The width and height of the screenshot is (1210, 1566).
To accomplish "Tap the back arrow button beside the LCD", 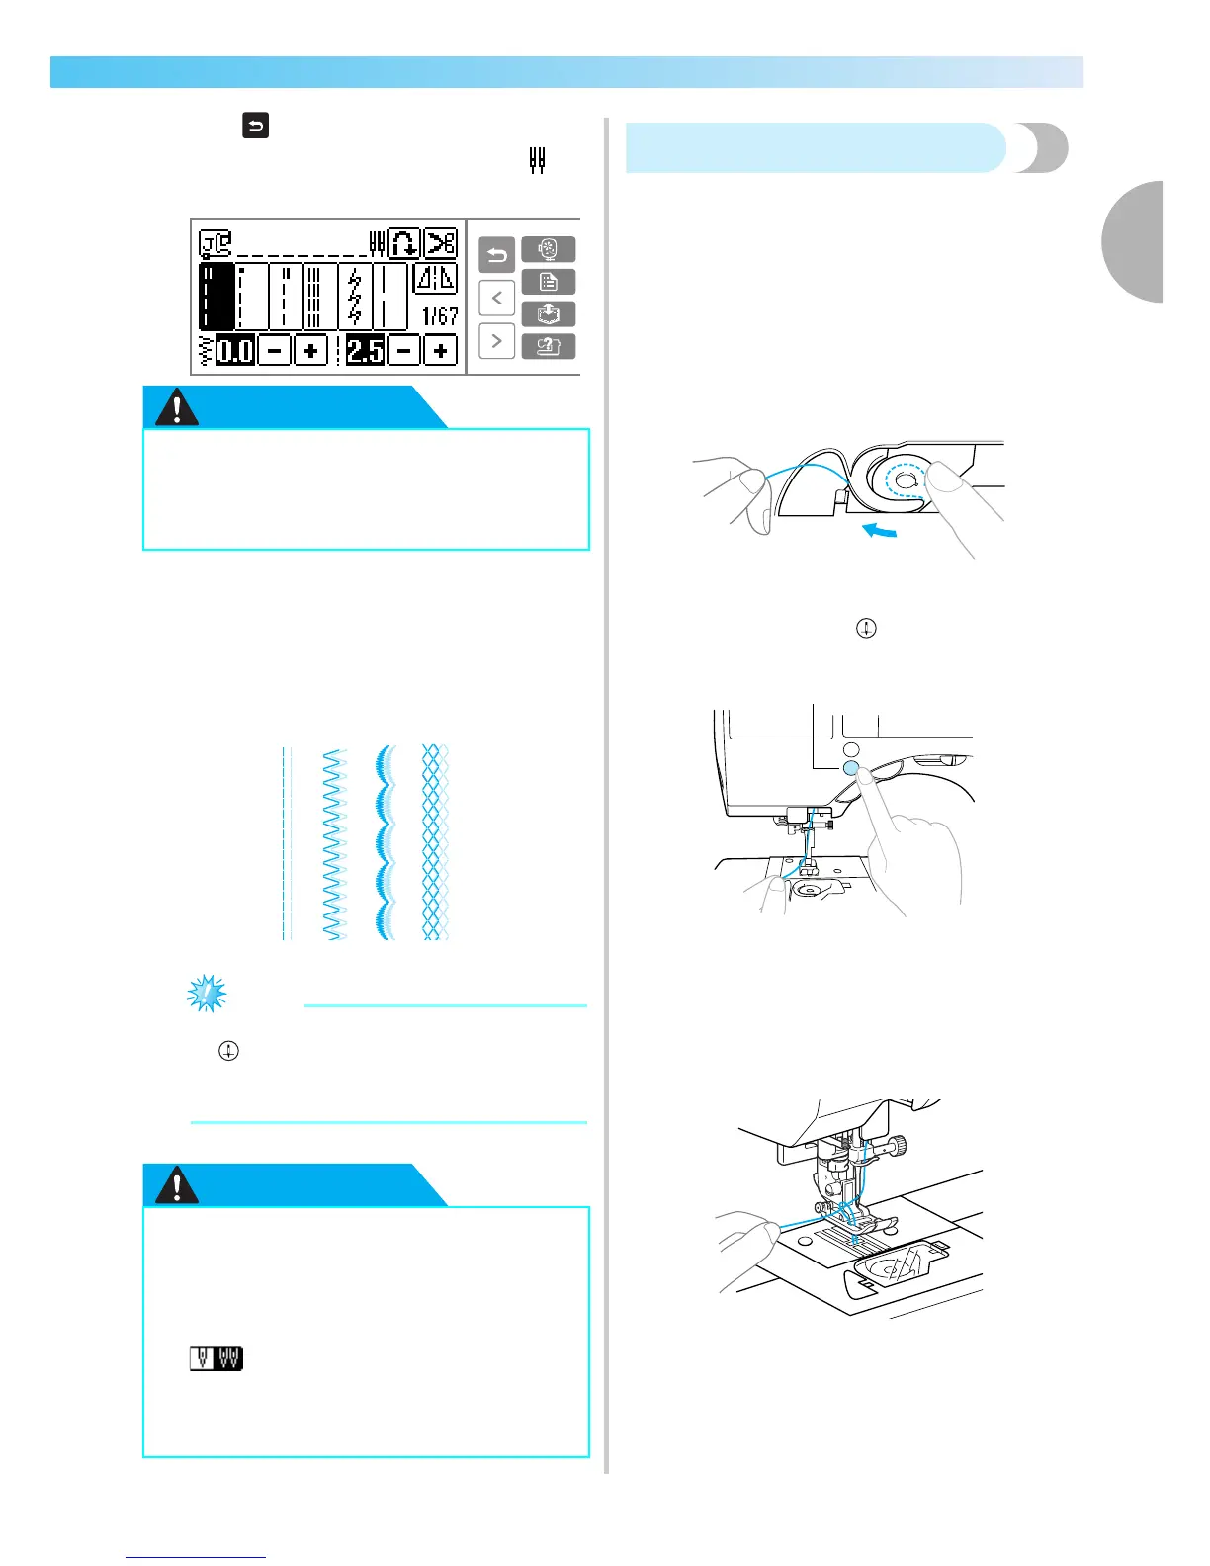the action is click(x=496, y=257).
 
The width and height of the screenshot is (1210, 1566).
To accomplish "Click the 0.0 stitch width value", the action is click(x=235, y=350).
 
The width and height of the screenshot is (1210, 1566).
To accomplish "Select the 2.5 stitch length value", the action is click(x=365, y=350).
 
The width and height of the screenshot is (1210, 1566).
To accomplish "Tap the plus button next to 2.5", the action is click(x=440, y=350).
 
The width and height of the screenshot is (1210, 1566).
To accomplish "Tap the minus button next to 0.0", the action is click(x=275, y=350).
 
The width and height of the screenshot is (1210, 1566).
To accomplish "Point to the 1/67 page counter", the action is click(x=440, y=316).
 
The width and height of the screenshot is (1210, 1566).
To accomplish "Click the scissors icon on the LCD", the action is click(x=441, y=243).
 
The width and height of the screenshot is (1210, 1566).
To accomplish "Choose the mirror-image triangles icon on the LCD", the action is click(x=435, y=279).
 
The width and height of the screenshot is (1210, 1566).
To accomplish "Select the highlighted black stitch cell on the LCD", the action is click(x=217, y=296).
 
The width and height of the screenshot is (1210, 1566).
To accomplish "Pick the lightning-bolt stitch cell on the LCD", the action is click(x=355, y=296).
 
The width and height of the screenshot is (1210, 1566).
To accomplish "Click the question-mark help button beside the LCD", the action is click(x=549, y=347).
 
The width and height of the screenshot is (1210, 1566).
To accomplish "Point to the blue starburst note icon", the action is click(x=207, y=994).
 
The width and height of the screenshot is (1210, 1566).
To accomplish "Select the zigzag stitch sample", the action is click(x=334, y=842).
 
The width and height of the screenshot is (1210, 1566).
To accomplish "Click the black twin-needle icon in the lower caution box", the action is click(x=216, y=1358).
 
